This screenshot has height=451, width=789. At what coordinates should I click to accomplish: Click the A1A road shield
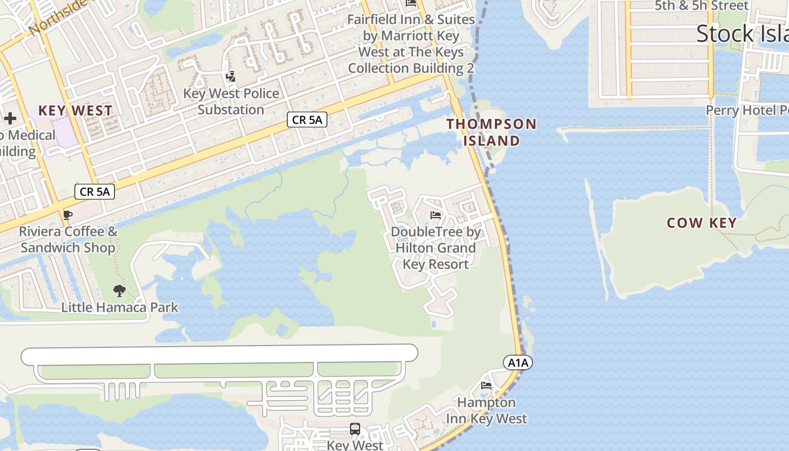pyautogui.click(x=518, y=362)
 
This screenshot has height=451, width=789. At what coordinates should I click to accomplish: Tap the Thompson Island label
pyautogui.click(x=492, y=132)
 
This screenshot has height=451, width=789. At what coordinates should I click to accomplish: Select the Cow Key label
pyautogui.click(x=702, y=223)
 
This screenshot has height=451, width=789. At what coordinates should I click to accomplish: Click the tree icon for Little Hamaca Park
pyautogui.click(x=119, y=291)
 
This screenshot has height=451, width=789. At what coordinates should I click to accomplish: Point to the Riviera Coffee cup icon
pyautogui.click(x=68, y=215)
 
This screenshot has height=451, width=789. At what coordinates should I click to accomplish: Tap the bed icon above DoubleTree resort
pyautogui.click(x=435, y=215)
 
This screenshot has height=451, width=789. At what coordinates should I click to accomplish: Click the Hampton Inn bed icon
pyautogui.click(x=486, y=386)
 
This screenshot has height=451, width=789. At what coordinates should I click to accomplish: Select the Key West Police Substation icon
pyautogui.click(x=231, y=77)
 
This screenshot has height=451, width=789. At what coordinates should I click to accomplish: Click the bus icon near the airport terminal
pyautogui.click(x=354, y=429)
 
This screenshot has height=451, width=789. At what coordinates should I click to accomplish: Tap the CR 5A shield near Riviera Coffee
pyautogui.click(x=95, y=192)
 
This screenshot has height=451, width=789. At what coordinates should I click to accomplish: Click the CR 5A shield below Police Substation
pyautogui.click(x=307, y=119)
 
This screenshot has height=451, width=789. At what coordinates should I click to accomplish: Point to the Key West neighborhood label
pyautogui.click(x=76, y=110)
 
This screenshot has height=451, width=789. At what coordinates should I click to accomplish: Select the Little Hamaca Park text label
pyautogui.click(x=119, y=307)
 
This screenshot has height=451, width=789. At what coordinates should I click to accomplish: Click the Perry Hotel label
pyautogui.click(x=747, y=110)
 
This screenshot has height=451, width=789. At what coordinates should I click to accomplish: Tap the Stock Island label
pyautogui.click(x=742, y=34)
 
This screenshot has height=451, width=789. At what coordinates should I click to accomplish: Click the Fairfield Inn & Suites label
pyautogui.click(x=411, y=43)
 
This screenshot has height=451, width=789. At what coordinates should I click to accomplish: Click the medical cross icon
pyautogui.click(x=10, y=118)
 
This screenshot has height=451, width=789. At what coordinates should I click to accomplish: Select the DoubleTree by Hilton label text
pyautogui.click(x=436, y=247)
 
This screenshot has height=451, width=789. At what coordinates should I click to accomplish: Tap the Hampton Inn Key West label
pyautogui.click(x=486, y=410)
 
